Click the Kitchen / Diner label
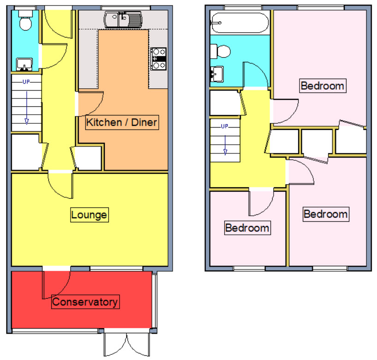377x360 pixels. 122,122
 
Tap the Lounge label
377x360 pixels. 89,215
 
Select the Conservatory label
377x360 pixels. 85,302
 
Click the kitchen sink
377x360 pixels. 123,20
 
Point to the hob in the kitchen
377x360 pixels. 158,59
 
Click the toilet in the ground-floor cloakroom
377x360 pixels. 25,20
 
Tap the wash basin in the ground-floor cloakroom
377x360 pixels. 24,65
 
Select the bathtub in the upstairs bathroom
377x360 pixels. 239,23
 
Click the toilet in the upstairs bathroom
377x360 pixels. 220,51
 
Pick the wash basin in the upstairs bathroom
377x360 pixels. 217,74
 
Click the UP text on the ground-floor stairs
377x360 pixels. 26,82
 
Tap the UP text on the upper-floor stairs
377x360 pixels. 225,126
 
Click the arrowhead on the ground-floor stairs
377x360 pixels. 27,122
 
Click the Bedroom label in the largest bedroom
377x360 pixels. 323,86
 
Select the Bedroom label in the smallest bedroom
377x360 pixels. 247,228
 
